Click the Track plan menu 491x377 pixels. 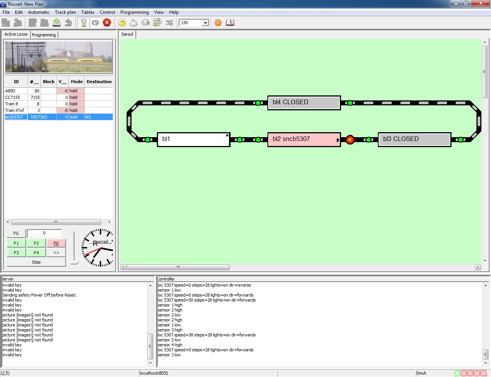(65, 12)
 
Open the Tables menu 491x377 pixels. (88, 12)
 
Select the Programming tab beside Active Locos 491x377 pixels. (44, 35)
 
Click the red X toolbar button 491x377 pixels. (107, 23)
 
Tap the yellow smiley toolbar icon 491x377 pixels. (122, 23)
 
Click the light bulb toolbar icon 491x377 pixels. (84, 23)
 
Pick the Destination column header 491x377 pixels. (99, 82)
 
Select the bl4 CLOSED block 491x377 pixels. (304, 103)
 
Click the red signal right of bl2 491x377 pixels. (350, 140)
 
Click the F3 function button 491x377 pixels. (16, 253)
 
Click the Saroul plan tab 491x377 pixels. (127, 34)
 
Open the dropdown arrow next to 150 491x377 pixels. (205, 23)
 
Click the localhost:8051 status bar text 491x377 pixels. (154, 373)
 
